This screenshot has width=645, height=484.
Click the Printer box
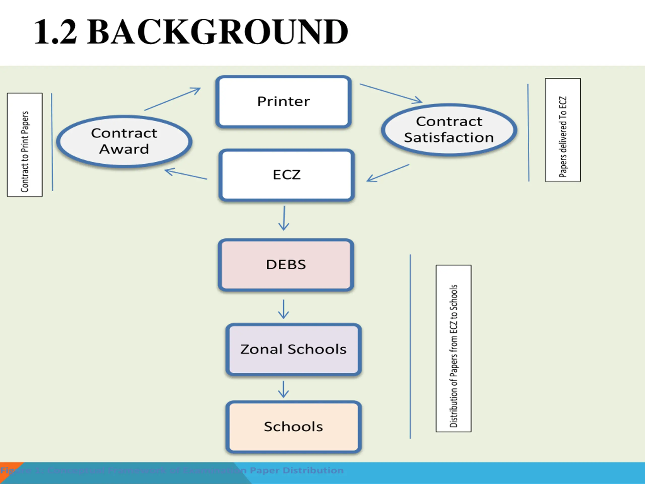pyautogui.click(x=283, y=102)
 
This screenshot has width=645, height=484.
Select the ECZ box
pyautogui.click(x=286, y=175)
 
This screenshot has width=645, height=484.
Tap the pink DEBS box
pyautogui.click(x=286, y=265)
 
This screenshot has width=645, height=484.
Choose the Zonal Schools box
pyautogui.click(x=293, y=349)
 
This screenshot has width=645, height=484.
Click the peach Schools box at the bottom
pyautogui.click(x=293, y=427)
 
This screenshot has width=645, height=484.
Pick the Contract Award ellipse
pyautogui.click(x=124, y=141)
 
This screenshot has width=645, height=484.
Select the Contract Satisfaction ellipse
pyautogui.click(x=449, y=130)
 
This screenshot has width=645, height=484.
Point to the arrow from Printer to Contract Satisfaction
pyautogui.click(x=391, y=93)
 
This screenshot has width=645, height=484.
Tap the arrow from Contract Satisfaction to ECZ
pyautogui.click(x=388, y=173)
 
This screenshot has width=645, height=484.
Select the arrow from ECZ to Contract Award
pyautogui.click(x=186, y=174)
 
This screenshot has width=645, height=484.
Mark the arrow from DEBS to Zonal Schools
pyautogui.click(x=283, y=309)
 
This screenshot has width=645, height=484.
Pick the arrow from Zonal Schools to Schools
pyautogui.click(x=283, y=389)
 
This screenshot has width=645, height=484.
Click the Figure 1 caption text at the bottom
pyautogui.click(x=172, y=470)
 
